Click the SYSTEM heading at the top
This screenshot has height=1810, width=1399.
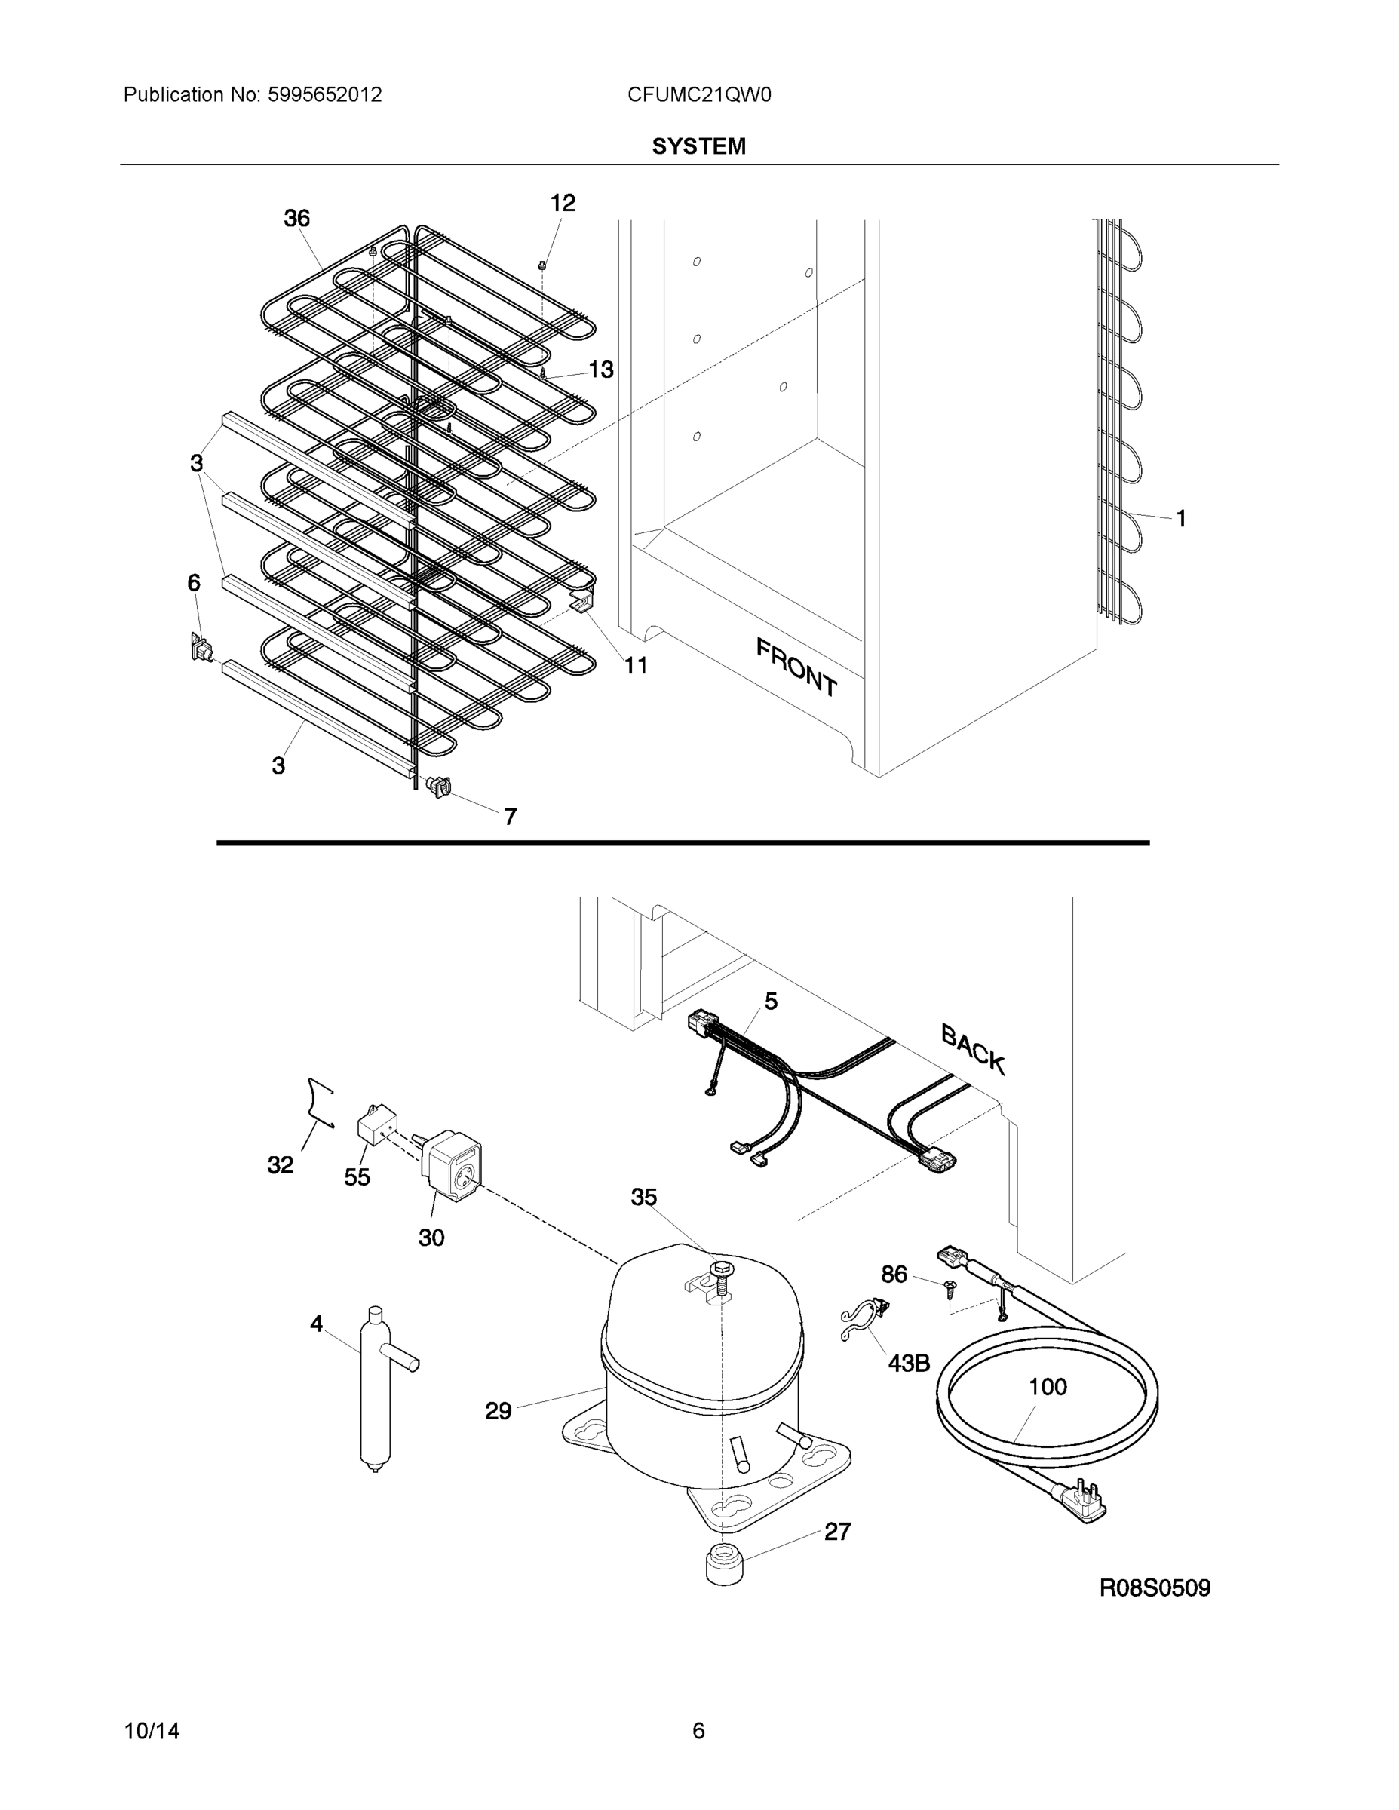point(698,147)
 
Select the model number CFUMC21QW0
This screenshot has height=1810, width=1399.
point(698,95)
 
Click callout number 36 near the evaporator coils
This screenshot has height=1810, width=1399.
point(296,219)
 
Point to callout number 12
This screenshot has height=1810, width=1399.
point(562,203)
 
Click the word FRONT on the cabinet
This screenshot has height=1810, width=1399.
point(796,667)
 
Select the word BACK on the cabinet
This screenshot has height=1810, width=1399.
point(973,1048)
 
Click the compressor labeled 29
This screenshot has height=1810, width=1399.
point(701,1376)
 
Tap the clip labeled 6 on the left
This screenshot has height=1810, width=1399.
point(200,647)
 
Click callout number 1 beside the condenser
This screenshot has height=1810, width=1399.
point(1181,519)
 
